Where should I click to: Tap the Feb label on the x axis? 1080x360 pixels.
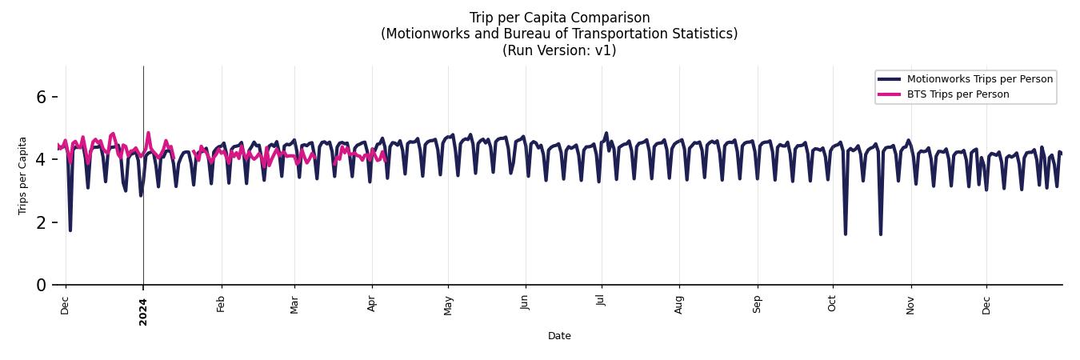pyautogui.click(x=222, y=305)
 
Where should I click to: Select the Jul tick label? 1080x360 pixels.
pyautogui.click(x=602, y=303)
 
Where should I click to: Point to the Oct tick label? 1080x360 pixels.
pyautogui.click(x=833, y=305)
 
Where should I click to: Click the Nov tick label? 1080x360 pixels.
pyautogui.click(x=910, y=305)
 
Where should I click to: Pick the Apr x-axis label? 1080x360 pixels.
pyautogui.click(x=372, y=305)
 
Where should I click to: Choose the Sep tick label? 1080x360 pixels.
pyautogui.click(x=757, y=305)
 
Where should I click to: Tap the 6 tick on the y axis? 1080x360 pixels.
pyautogui.click(x=42, y=97)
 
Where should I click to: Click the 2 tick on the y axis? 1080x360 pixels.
pyautogui.click(x=42, y=222)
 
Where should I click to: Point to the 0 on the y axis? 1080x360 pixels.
pyautogui.click(x=42, y=285)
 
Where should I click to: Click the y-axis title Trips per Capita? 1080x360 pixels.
pyautogui.click(x=23, y=175)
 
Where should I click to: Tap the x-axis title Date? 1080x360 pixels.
pyautogui.click(x=559, y=336)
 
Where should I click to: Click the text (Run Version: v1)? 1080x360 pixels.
pyautogui.click(x=559, y=50)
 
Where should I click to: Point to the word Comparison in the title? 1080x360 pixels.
pyautogui.click(x=610, y=18)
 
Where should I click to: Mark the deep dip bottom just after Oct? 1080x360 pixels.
pyautogui.click(x=846, y=234)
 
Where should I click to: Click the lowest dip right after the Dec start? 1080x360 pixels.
pyautogui.click(x=70, y=230)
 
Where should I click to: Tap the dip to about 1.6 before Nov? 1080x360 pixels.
pyautogui.click(x=881, y=234)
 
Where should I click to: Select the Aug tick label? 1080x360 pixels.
pyautogui.click(x=679, y=305)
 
